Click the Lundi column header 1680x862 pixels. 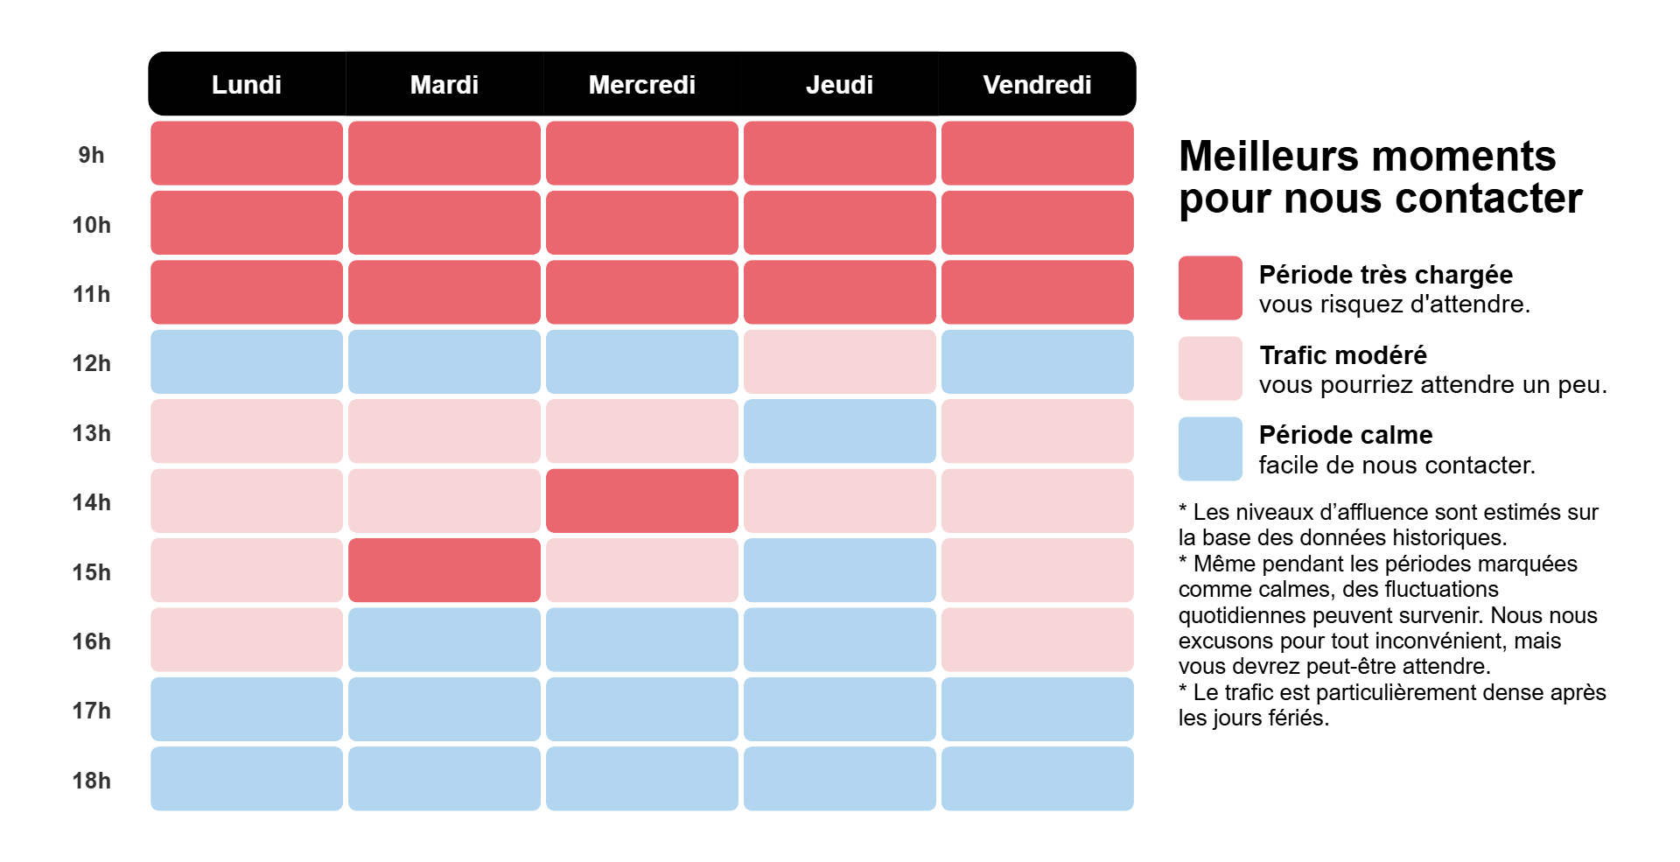(x=247, y=85)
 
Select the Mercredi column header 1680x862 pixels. (x=641, y=85)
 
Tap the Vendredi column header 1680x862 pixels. (x=1037, y=85)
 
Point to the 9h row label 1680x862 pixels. (x=91, y=155)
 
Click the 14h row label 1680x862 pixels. (x=91, y=502)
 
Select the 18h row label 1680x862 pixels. (x=91, y=781)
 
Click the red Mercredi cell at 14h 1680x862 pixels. (x=641, y=501)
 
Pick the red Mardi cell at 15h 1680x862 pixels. (x=444, y=570)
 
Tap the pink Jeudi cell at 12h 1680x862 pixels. (x=839, y=361)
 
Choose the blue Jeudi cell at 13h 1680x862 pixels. (x=839, y=431)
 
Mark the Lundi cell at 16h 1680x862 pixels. (x=247, y=640)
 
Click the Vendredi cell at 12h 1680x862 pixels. (x=1037, y=361)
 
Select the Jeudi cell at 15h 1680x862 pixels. (x=839, y=570)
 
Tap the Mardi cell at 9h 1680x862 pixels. (x=444, y=153)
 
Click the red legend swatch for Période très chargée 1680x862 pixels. (x=1210, y=288)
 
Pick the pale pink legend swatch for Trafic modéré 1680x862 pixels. (x=1210, y=368)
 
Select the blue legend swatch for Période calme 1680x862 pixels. (x=1210, y=449)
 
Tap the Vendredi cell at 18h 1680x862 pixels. (x=1037, y=779)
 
